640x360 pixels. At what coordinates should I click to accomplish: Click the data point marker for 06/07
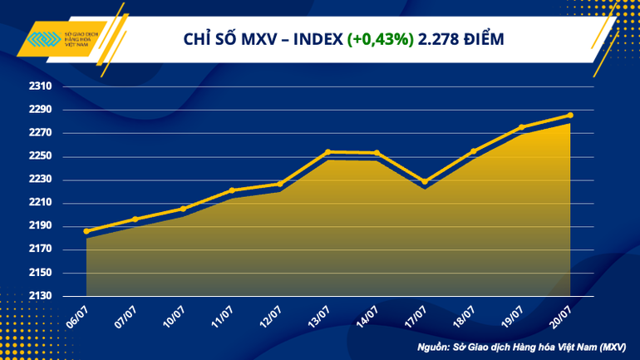pos(86,231)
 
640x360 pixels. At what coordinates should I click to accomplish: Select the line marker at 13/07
pos(328,151)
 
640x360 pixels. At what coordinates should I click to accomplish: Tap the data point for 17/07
pos(425,181)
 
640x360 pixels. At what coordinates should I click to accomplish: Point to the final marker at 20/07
pos(569,115)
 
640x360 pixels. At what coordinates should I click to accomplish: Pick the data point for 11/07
pos(232,190)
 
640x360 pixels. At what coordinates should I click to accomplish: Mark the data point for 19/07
pos(521,127)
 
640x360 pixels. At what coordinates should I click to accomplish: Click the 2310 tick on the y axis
pos(42,86)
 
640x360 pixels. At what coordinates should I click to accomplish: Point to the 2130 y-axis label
pos(42,296)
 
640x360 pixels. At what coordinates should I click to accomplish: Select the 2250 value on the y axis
pos(42,156)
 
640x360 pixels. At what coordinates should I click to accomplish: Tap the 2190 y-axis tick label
pos(42,226)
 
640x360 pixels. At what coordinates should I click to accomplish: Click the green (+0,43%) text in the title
pos(382,39)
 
